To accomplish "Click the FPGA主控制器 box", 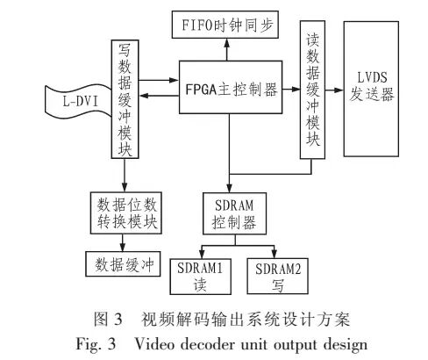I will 231,90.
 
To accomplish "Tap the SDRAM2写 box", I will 275,275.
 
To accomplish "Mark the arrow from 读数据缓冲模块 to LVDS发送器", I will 333,90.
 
